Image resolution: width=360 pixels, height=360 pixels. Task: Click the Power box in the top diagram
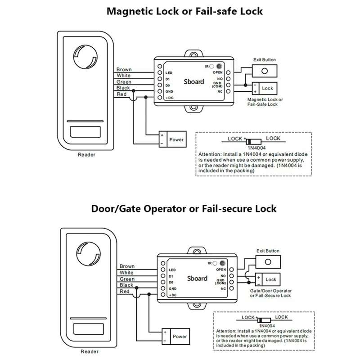(172, 139)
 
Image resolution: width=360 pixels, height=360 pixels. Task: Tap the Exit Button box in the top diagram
(265, 71)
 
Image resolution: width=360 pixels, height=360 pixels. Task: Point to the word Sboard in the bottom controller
(197, 278)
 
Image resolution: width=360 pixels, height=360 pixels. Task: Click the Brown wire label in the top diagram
(124, 69)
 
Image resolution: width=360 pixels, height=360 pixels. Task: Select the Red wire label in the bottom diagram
(125, 291)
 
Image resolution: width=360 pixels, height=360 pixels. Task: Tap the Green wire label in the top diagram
(124, 82)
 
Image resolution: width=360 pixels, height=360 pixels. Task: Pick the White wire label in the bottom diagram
(126, 272)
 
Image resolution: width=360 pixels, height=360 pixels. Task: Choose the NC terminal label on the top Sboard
(220, 91)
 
